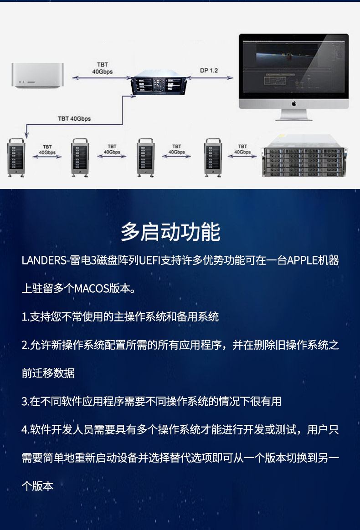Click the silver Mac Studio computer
pos(37,76)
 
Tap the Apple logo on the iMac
pos(293,103)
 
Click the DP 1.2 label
pos(209,70)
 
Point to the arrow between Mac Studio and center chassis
pos(102,78)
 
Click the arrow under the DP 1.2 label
pos(210,78)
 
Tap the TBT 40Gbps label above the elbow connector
pos(74,119)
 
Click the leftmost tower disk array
pos(16,158)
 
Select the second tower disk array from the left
pos(80,158)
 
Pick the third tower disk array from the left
pos(145,158)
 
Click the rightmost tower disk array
pos(213,158)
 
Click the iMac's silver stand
pos(293,115)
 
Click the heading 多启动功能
pos(170,232)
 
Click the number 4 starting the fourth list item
pos(24,430)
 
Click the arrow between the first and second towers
pos(47,157)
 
